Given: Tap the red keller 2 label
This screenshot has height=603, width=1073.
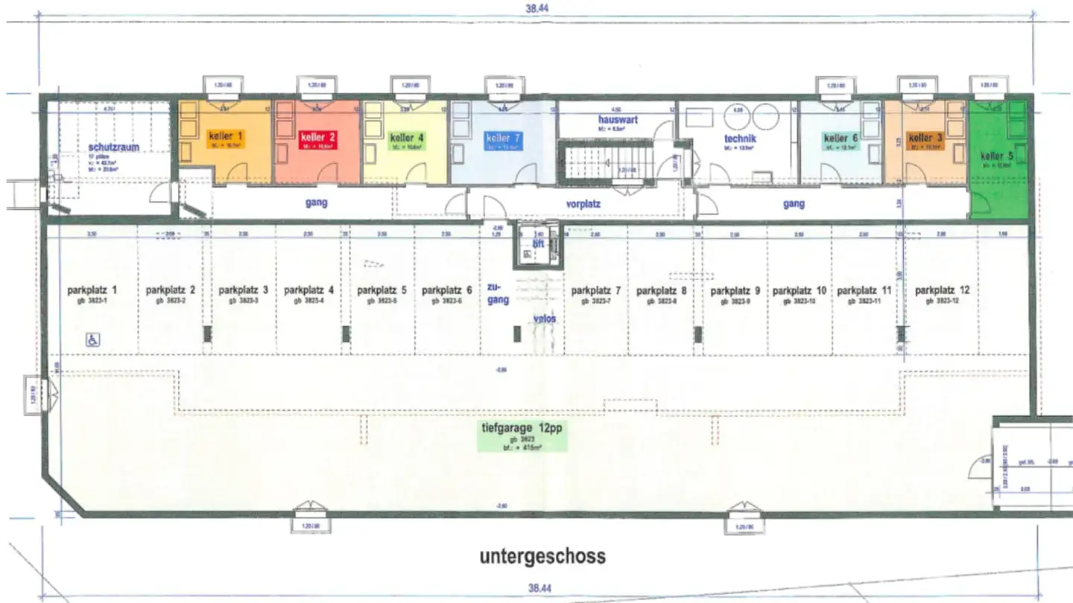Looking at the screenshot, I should click(x=318, y=137).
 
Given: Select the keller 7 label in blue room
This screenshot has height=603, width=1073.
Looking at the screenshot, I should click(x=498, y=138).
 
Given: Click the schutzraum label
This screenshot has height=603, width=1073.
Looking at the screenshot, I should click(x=113, y=148).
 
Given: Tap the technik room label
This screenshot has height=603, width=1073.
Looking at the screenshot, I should click(x=740, y=138).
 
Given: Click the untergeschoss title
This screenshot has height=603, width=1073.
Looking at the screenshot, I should click(x=542, y=556).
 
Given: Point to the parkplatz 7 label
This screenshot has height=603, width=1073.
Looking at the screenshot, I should click(x=596, y=290).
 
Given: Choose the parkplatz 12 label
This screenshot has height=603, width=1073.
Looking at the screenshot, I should click(x=943, y=290).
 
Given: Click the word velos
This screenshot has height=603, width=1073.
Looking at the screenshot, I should click(x=545, y=319).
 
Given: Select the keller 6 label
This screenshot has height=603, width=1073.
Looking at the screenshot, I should click(x=836, y=138).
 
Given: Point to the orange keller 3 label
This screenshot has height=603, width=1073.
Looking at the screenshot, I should click(x=921, y=138).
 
